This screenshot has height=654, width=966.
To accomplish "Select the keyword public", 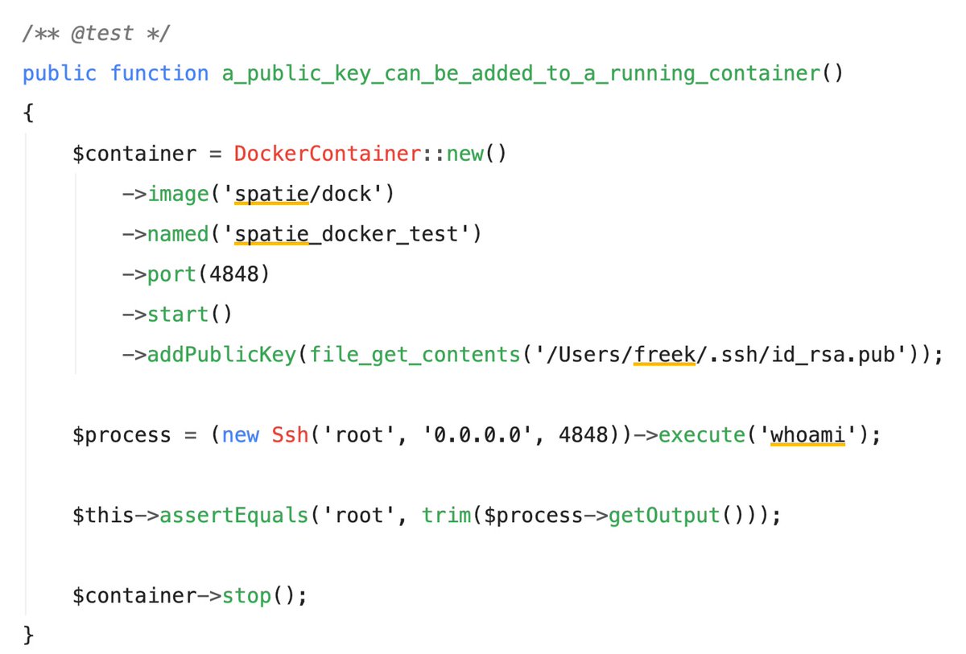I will [59, 74].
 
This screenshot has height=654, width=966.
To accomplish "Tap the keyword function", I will [159, 74].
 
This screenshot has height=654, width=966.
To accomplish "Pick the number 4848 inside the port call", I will [233, 274].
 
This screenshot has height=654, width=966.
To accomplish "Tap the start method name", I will [177, 315].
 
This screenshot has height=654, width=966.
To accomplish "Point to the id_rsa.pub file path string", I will [724, 355].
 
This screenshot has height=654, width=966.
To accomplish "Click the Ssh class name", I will [289, 435].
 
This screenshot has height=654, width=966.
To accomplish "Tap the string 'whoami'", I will [807, 435].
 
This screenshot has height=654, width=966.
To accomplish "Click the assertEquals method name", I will [233, 516].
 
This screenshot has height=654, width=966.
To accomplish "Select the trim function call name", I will [448, 516].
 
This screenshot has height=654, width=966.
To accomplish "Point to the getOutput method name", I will [663, 516].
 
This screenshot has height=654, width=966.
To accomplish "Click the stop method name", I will [246, 596].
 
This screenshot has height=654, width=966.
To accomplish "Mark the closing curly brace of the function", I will [29, 636].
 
